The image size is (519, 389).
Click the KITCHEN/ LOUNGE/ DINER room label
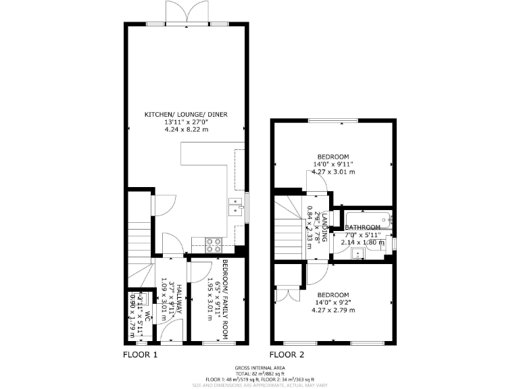[186, 114]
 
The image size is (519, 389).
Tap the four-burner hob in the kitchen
[214, 243]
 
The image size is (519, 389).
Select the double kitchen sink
[236, 205]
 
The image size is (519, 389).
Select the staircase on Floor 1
[139, 236]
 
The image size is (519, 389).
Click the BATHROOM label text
[363, 228]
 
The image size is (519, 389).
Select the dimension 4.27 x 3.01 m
[333, 172]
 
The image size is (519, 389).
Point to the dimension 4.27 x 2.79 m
[333, 310]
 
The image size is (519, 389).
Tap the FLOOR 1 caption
[141, 354]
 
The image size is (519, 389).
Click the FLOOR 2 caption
[287, 354]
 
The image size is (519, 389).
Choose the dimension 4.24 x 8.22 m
[186, 129]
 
